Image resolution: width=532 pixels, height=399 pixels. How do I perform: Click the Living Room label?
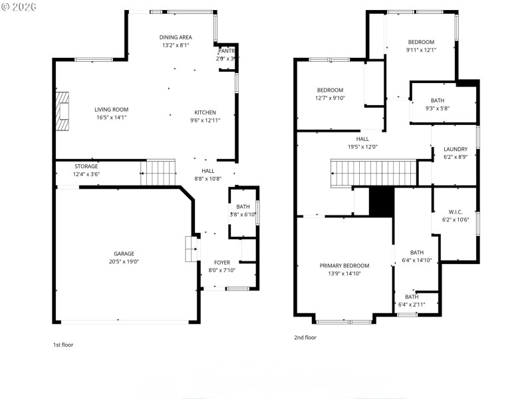pyautogui.click(x=111, y=110)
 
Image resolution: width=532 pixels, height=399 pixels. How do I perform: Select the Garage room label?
pyautogui.click(x=124, y=253)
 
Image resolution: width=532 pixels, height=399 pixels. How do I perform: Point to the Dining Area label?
pyautogui.click(x=176, y=37)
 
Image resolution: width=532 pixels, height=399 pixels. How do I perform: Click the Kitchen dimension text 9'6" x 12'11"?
pyautogui.click(x=205, y=120)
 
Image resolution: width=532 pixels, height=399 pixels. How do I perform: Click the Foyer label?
pyautogui.click(x=221, y=262)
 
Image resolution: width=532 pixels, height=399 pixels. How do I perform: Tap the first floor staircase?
pyautogui.click(x=160, y=173)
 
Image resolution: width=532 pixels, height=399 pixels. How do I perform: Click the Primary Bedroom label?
pyautogui.click(x=344, y=265)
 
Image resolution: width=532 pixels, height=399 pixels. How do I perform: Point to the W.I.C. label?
pyautogui.click(x=456, y=211)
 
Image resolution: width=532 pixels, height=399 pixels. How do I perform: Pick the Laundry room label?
pyautogui.click(x=456, y=149)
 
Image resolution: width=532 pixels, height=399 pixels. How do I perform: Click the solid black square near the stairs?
pyautogui.click(x=381, y=201)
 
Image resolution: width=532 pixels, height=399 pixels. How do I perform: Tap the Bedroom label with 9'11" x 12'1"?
pyautogui.click(x=420, y=42)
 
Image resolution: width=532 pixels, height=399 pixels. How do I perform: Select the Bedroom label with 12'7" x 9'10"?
pyautogui.click(x=330, y=90)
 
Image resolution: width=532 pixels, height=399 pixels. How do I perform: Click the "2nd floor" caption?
pyautogui.click(x=305, y=337)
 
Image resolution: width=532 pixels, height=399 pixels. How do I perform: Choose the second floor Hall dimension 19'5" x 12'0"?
pyautogui.click(x=362, y=147)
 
